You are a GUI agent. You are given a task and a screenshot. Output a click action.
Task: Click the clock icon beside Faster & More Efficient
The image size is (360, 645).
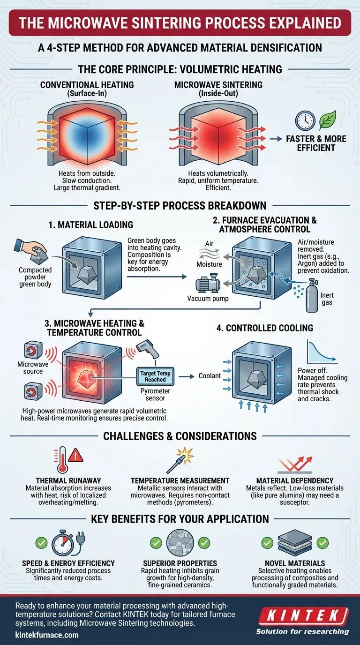pos(305,120)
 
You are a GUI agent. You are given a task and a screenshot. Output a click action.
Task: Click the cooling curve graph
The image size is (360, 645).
pos(321,350)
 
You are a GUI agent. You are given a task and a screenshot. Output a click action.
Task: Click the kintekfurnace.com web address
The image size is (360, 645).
pos(47,635)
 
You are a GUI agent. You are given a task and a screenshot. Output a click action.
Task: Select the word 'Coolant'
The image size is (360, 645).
pos(210,375)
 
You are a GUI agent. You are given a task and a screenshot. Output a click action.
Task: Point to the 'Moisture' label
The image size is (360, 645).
pos(209,264)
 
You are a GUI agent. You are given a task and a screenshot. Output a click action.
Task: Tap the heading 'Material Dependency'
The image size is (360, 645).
pos(294,480)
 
